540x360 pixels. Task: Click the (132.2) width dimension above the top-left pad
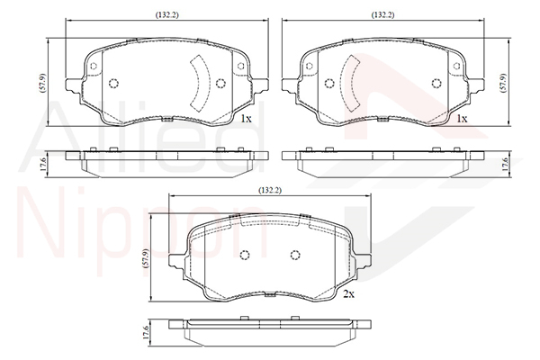click(x=167, y=14)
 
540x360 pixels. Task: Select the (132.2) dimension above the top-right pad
click(x=382, y=14)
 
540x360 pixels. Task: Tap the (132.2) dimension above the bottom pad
click(x=270, y=190)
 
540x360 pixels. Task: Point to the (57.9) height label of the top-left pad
click(x=43, y=83)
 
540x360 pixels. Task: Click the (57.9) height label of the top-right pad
click(x=502, y=83)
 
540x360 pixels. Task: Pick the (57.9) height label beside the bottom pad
click(x=146, y=258)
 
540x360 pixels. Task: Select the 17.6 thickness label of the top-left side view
click(x=43, y=165)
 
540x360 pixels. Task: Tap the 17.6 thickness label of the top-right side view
click(x=505, y=165)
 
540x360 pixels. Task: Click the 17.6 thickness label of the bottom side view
click(x=146, y=333)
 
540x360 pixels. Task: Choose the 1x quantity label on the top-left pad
click(x=246, y=119)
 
